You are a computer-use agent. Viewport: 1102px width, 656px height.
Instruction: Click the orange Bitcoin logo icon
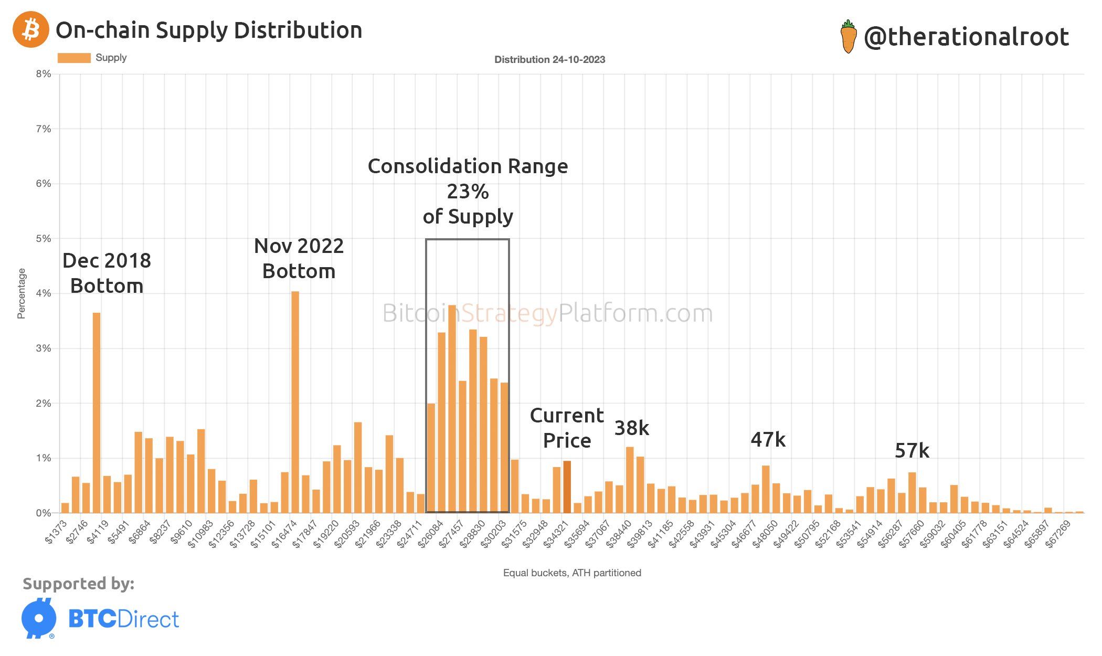point(31,30)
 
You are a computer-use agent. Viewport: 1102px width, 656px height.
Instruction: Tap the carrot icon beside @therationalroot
point(848,37)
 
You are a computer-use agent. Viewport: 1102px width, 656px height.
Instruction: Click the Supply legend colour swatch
point(74,58)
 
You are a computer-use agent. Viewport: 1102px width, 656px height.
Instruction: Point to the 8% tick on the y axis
point(44,74)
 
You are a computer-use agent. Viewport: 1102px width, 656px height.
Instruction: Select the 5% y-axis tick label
point(44,239)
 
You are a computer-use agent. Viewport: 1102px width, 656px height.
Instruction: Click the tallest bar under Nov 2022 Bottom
point(295,401)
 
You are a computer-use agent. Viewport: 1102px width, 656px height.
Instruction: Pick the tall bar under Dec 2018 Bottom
point(97,412)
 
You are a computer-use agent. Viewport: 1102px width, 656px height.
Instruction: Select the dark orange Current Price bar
point(567,486)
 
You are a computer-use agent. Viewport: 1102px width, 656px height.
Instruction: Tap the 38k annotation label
point(632,428)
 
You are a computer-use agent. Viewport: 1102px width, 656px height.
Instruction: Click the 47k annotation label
point(768,440)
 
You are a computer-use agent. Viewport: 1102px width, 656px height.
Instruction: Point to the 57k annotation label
point(912,451)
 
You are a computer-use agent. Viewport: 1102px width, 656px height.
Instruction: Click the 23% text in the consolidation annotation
point(468,192)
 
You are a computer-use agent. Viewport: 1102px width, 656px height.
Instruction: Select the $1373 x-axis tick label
point(57,531)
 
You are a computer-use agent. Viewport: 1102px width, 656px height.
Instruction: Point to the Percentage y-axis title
point(22,293)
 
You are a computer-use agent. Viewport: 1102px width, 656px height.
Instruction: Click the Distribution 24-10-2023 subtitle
point(549,60)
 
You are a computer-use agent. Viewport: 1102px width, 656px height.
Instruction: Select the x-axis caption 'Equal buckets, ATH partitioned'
point(572,573)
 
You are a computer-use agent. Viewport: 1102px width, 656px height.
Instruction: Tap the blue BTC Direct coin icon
point(39,618)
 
